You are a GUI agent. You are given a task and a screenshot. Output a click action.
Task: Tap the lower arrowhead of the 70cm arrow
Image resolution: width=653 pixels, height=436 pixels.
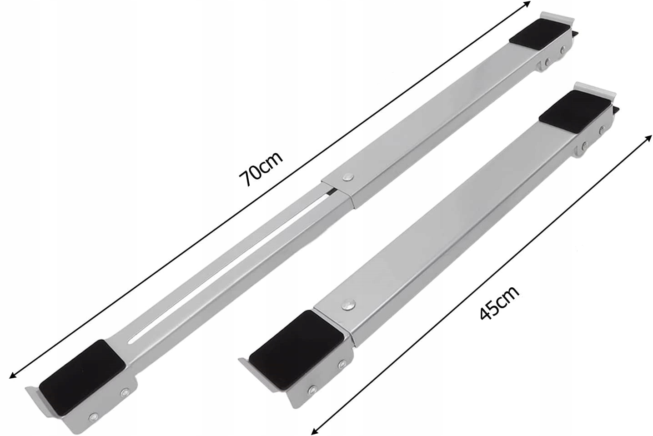13,376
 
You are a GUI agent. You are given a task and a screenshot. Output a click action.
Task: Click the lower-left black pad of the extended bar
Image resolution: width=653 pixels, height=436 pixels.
81,377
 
